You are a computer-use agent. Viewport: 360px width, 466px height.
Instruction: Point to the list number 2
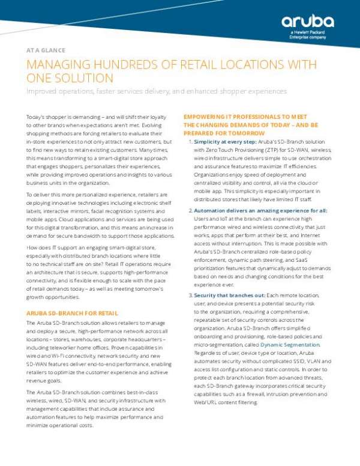tap(190, 211)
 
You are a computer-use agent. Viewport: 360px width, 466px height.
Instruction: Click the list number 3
tap(190, 297)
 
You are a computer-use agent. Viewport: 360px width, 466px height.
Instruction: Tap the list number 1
tap(190, 141)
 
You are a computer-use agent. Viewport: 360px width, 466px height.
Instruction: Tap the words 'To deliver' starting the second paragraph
tap(41, 195)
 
